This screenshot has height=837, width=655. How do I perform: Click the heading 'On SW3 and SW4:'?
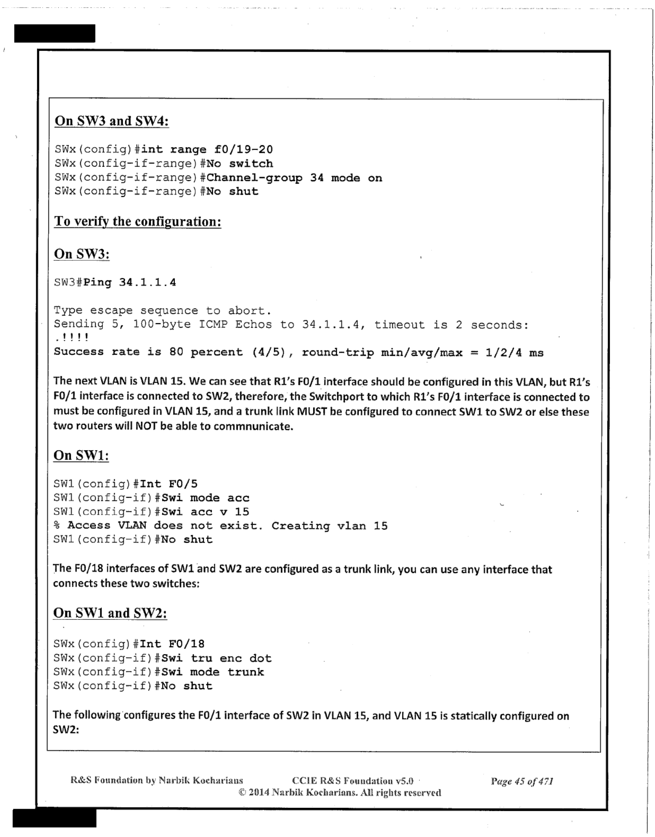click(x=111, y=121)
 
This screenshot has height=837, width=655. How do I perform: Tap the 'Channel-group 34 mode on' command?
click(x=294, y=178)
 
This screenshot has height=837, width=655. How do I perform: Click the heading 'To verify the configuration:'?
click(x=137, y=221)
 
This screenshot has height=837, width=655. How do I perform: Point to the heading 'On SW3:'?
click(x=82, y=254)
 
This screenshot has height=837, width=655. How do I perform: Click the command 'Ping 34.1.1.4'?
click(x=129, y=283)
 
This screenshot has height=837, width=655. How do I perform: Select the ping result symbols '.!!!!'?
click(x=72, y=338)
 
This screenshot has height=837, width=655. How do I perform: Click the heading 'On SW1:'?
click(x=81, y=455)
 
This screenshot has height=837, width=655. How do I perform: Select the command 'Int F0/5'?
click(x=169, y=484)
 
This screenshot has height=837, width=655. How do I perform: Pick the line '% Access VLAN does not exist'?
click(x=220, y=526)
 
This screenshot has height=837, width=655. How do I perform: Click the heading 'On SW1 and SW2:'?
click(x=110, y=613)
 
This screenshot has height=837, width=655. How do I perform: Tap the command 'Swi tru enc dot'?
click(x=216, y=658)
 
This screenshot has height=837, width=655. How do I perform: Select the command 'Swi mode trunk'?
click(x=213, y=672)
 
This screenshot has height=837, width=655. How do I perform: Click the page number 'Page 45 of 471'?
click(x=522, y=781)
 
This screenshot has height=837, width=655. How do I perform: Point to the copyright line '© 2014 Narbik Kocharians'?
click(x=340, y=792)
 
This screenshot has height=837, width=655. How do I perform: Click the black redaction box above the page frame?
click(x=55, y=34)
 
